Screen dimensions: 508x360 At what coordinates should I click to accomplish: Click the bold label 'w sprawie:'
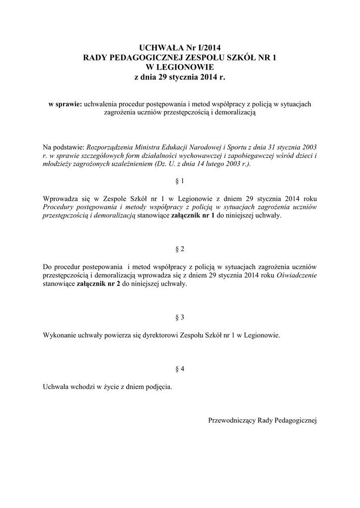pyautogui.click(x=66, y=104)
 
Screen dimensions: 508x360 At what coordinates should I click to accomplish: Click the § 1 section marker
pyautogui.click(x=180, y=181)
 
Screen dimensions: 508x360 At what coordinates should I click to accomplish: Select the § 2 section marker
pyautogui.click(x=180, y=248)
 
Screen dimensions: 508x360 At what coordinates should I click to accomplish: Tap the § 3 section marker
pyautogui.click(x=180, y=317)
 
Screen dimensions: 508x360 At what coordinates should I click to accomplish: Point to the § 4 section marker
pyautogui.click(x=180, y=369)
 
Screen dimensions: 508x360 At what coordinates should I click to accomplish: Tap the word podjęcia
pyautogui.click(x=158, y=387)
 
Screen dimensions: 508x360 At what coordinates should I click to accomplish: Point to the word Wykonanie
pyautogui.click(x=59, y=335)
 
